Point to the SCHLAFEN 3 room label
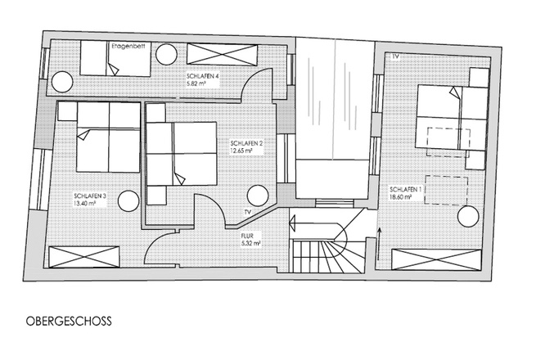(89, 196)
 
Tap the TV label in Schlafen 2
(247, 212)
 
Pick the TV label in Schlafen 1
(396, 57)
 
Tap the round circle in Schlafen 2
(259, 196)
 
